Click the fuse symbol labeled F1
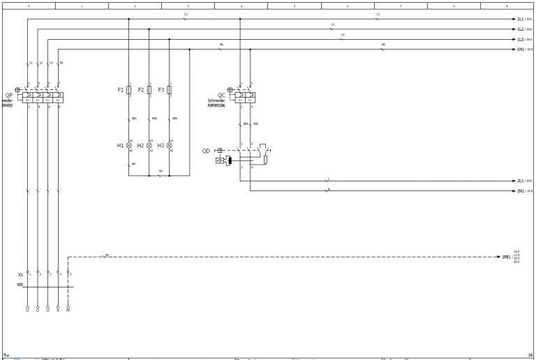pos(129,91)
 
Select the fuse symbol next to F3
pos(170,91)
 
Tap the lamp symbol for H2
pos(149,146)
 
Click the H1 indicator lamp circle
pos(129,146)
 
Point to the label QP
pos(8,96)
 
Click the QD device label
pos(206,151)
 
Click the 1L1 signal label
pos(520,20)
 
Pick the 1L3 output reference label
pos(520,40)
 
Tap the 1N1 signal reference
pos(520,50)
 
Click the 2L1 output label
pos(520,181)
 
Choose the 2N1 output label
pos(520,190)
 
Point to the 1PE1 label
pos(507,257)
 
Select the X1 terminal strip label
pos(21,274)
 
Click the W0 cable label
pos(20,285)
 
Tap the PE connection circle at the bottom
pos(68,306)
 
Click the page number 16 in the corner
pos(530,355)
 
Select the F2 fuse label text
pos(141,91)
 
